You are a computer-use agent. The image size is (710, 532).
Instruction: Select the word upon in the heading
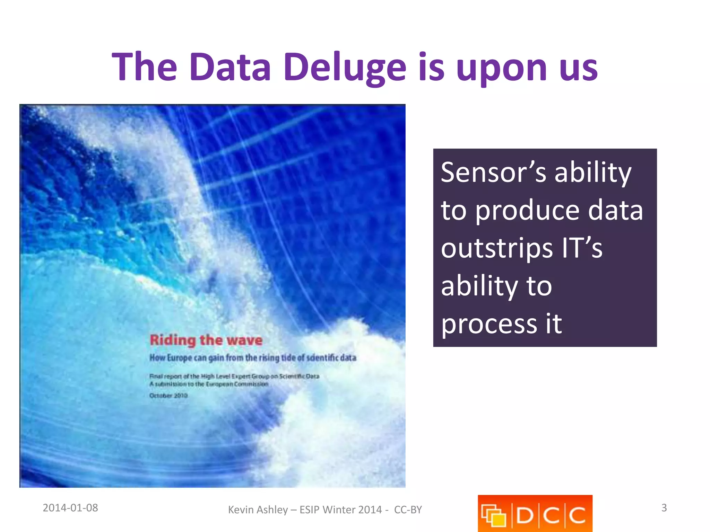[x=501, y=68]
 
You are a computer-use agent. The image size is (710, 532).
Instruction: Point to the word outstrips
[x=496, y=248]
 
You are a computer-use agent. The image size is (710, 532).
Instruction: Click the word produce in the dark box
[x=527, y=211]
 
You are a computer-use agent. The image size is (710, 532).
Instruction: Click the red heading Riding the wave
[x=206, y=340]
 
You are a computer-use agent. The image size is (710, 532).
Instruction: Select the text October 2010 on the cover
[x=168, y=396]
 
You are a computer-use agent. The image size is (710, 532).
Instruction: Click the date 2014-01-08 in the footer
[x=70, y=508]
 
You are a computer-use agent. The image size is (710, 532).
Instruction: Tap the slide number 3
[x=664, y=508]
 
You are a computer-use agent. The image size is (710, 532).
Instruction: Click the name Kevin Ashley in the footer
[x=258, y=510]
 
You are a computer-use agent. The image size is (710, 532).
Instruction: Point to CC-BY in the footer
[x=408, y=510]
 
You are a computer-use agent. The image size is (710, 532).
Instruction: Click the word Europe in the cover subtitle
[x=180, y=358]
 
